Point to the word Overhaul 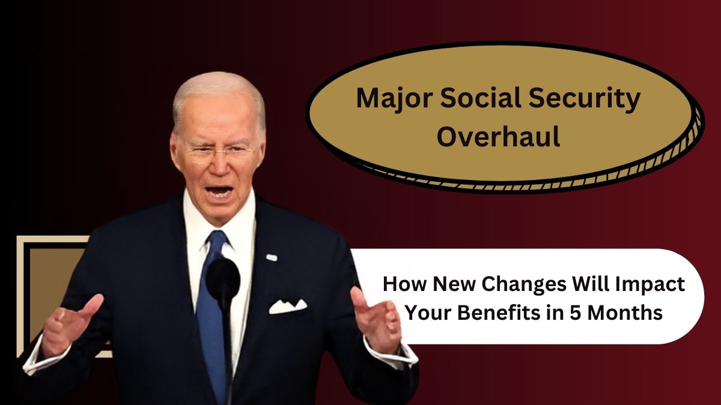click(x=498, y=137)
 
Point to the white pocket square click(x=288, y=307)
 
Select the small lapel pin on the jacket click(x=272, y=257)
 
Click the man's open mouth click(x=220, y=192)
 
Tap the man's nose click(x=220, y=163)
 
